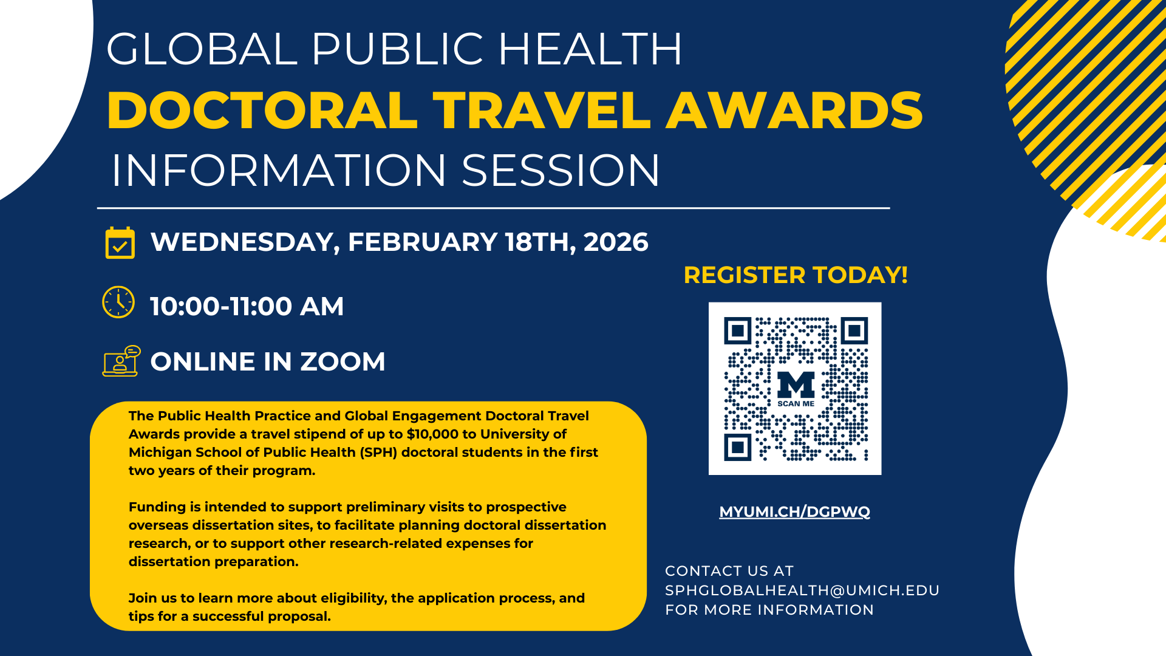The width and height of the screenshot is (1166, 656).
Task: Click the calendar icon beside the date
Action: [x=120, y=243]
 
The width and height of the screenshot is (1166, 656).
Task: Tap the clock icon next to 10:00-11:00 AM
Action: [x=118, y=302]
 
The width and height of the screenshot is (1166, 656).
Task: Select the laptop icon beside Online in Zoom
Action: [x=121, y=361]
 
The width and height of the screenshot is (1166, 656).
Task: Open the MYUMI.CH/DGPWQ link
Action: [x=794, y=512]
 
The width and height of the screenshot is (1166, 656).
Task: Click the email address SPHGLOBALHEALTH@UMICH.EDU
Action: [x=802, y=590]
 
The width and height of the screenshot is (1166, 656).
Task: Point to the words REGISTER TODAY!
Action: [x=796, y=275]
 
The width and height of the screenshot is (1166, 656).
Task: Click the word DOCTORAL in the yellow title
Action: [x=262, y=111]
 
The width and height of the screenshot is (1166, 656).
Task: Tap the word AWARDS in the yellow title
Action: [x=794, y=111]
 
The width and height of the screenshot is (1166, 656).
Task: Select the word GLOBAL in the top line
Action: [x=202, y=49]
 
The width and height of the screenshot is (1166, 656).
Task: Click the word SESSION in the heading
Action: [x=561, y=170]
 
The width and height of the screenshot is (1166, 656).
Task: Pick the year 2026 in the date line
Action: [x=616, y=242]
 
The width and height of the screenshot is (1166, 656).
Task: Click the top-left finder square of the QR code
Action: [x=738, y=331]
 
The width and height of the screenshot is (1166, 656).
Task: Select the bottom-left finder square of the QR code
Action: [x=738, y=448]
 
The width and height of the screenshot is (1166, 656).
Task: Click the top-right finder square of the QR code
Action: [x=854, y=331]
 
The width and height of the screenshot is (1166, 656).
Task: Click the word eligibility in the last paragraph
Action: [x=353, y=598]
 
